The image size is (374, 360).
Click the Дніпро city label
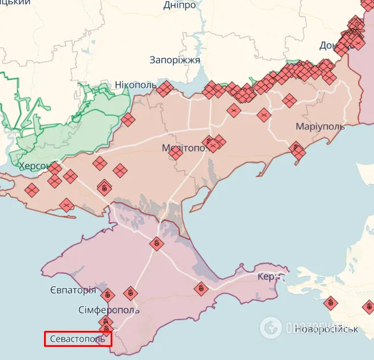coord(180,5)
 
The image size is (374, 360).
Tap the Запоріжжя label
coord(175,60)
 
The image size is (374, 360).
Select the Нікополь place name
coord(135,85)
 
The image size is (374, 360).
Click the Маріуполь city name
coord(320,127)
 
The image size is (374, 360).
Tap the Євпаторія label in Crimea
coord(73,290)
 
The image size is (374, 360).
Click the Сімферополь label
coord(109,310)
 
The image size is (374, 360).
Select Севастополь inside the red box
coord(77,339)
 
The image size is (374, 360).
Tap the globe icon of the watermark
coord(271,326)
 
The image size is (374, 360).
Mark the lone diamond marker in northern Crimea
coord(156,243)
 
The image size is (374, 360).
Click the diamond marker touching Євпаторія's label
coord(108,294)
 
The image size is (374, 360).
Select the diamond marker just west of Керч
coord(201,289)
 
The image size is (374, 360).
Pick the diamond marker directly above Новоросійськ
coord(330,304)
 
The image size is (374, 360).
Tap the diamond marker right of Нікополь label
coord(165,89)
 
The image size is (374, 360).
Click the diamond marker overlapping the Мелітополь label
coord(175,153)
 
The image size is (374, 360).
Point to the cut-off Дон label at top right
coord(329,46)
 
